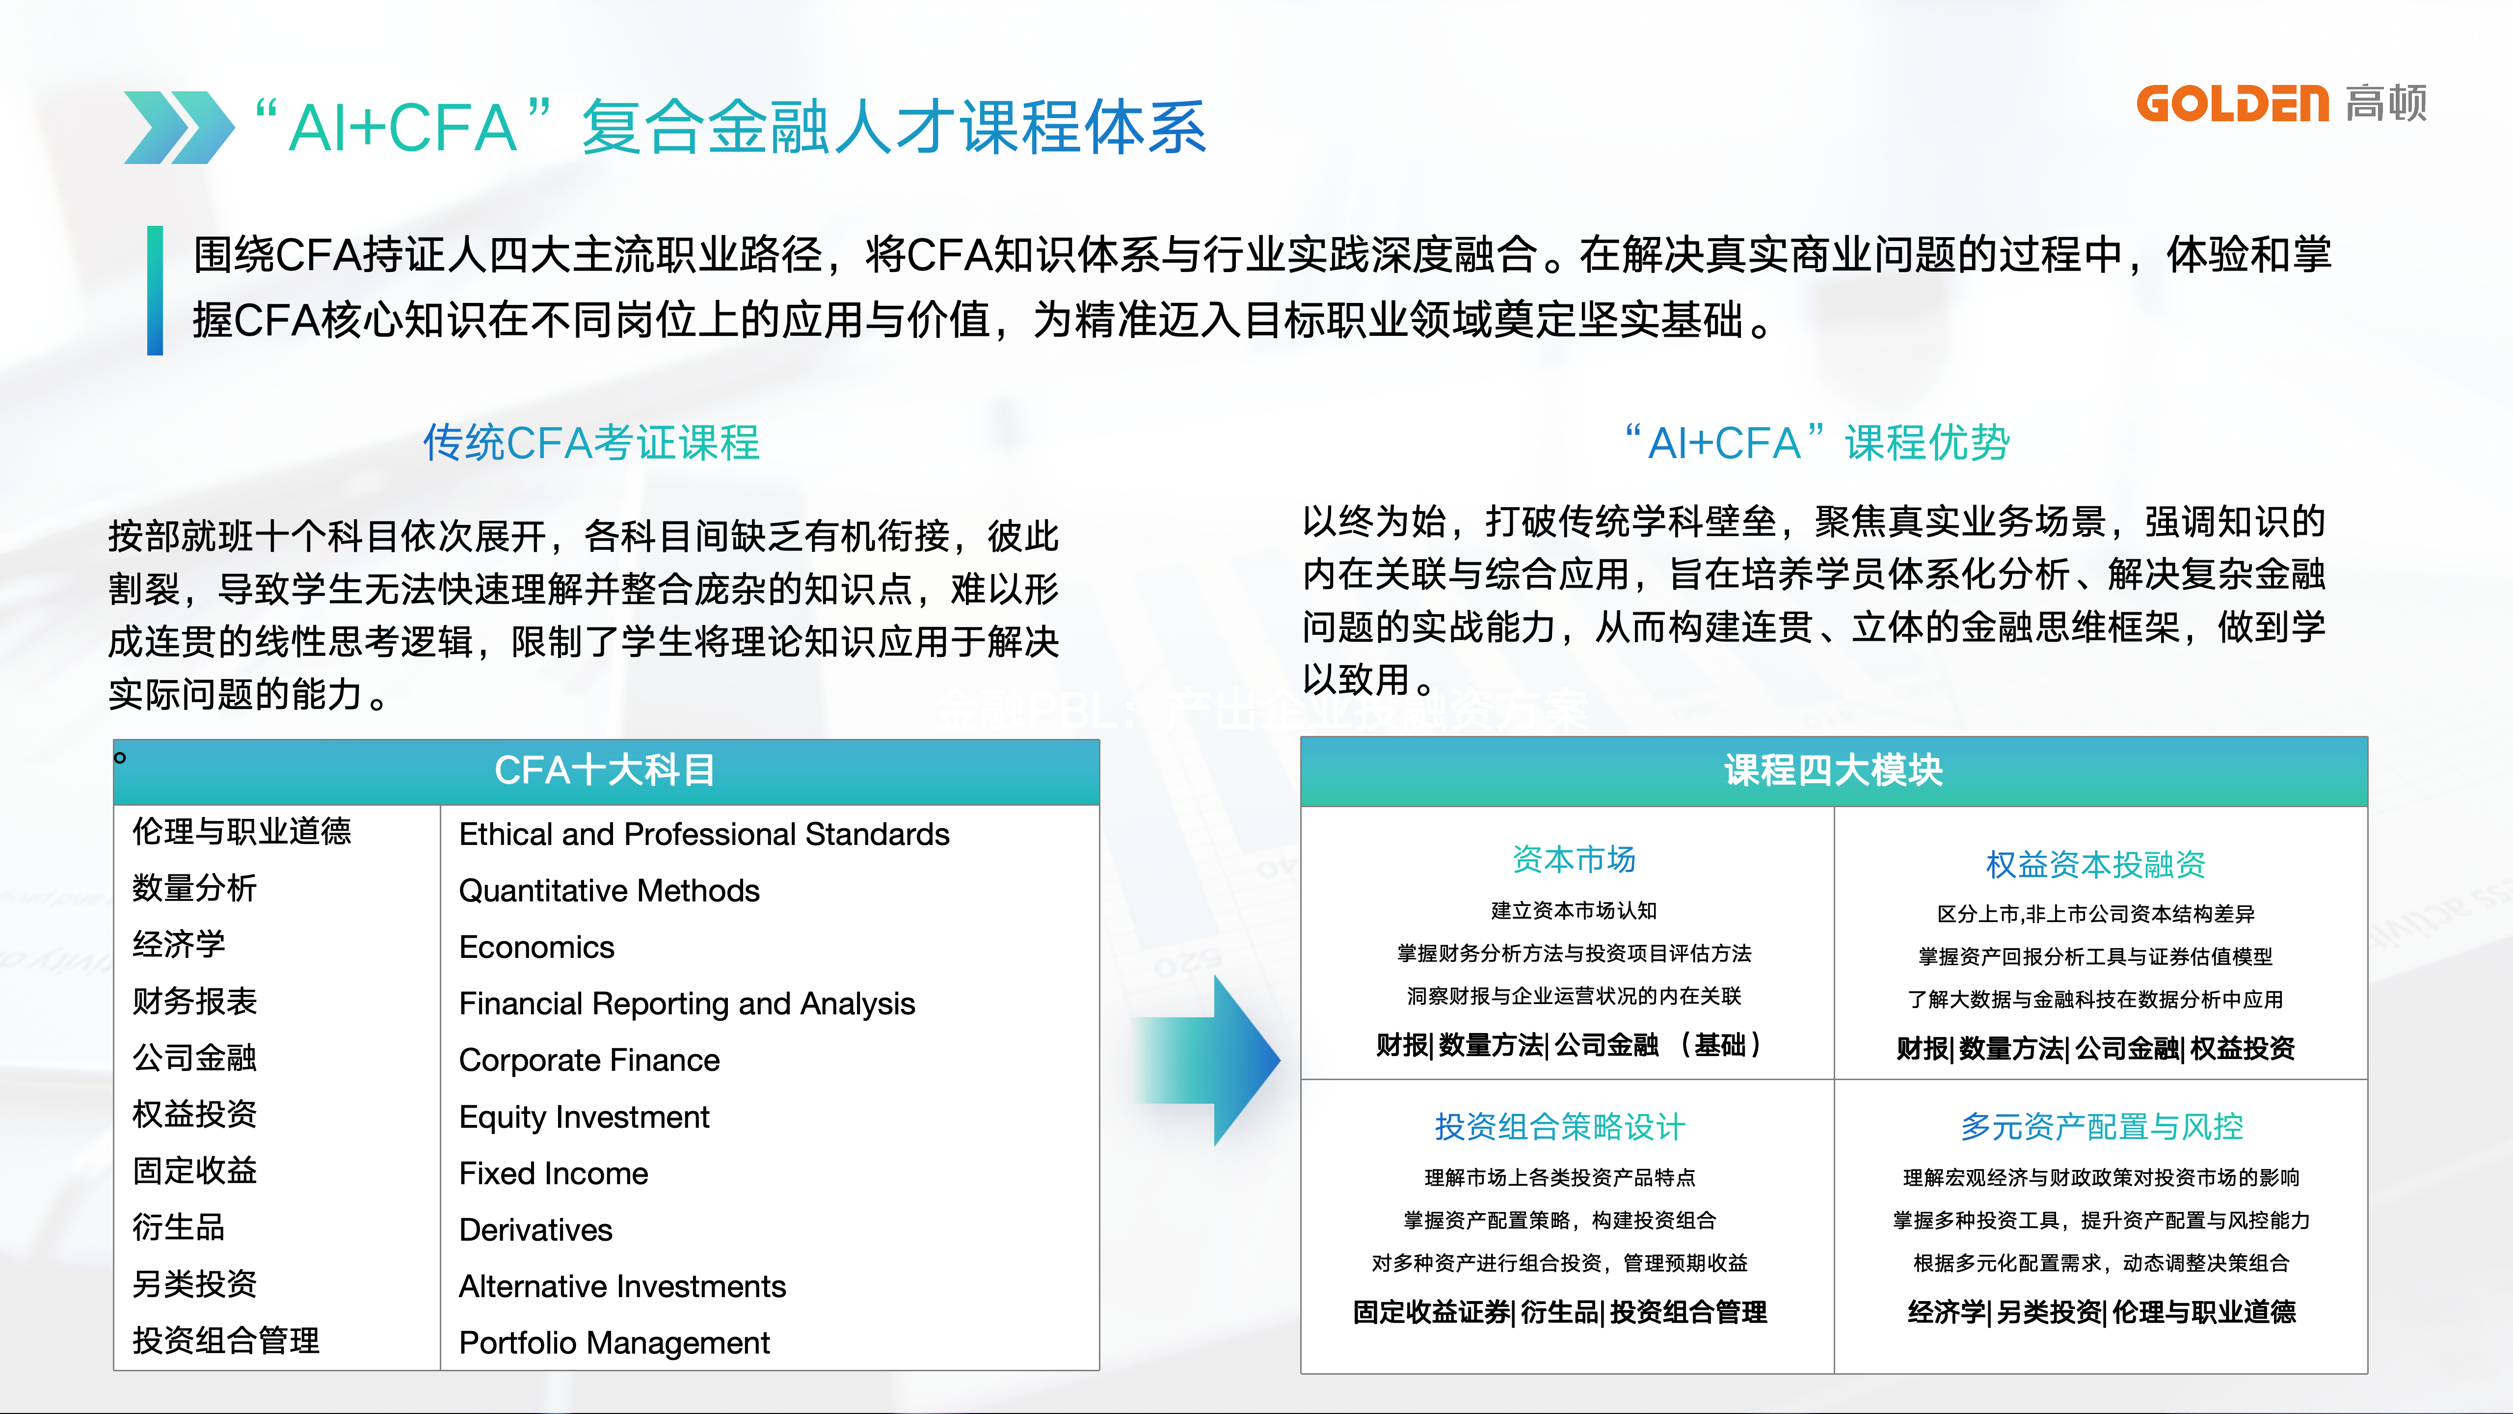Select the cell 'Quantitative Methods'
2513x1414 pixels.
(609, 891)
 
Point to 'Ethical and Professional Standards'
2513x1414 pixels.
(703, 834)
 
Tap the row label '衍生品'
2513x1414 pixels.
(179, 1227)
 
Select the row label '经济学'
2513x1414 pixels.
(179, 945)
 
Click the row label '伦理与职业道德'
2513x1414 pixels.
(241, 831)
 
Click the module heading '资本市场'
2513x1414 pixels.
(1574, 860)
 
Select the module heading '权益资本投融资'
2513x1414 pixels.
(2095, 865)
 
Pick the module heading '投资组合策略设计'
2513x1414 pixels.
(1559, 1127)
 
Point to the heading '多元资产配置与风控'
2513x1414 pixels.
(2101, 1127)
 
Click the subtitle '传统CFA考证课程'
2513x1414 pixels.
(591, 443)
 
